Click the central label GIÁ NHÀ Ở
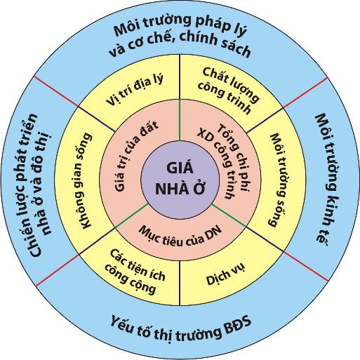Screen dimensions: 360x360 click(x=180, y=179)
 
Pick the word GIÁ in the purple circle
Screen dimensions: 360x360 click(x=180, y=169)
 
